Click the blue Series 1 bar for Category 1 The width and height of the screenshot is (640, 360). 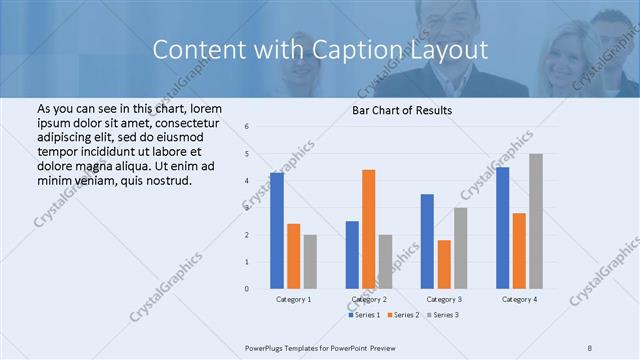pyautogui.click(x=277, y=231)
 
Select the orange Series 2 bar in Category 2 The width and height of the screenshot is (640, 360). pyautogui.click(x=368, y=229)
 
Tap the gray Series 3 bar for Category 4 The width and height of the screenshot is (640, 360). pyautogui.click(x=536, y=221)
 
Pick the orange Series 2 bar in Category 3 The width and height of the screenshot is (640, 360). pyautogui.click(x=444, y=264)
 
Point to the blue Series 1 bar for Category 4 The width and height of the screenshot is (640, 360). pyautogui.click(x=502, y=228)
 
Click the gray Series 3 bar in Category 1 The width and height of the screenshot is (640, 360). pyautogui.click(x=310, y=262)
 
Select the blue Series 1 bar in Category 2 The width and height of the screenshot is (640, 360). pyautogui.click(x=352, y=255)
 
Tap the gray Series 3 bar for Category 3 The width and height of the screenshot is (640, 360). pyautogui.click(x=460, y=248)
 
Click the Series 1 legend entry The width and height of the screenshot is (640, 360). pyautogui.click(x=365, y=315)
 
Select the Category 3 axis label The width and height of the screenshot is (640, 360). pyautogui.click(x=444, y=299)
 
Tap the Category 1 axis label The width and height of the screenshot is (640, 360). pyautogui.click(x=293, y=299)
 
